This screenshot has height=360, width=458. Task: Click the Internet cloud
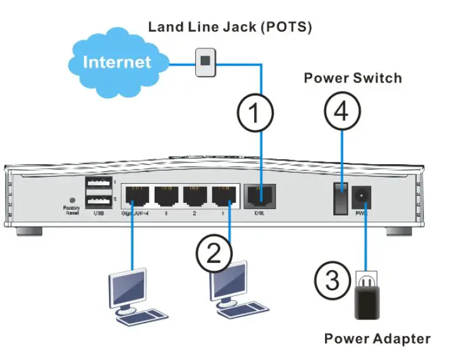pos(117,62)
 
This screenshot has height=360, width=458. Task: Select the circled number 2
pos(214,255)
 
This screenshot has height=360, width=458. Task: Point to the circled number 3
pos(333,280)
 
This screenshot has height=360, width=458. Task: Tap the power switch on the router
pos(341,196)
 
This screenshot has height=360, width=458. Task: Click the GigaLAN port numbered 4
pos(135,196)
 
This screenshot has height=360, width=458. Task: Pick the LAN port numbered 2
pos(194,196)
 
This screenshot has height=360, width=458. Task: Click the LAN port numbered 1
pos(223,196)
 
